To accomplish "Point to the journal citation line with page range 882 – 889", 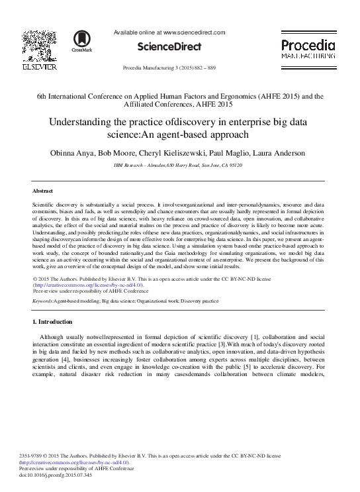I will pyautogui.click(x=169, y=69).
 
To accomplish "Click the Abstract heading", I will pyautogui.click(x=43, y=191).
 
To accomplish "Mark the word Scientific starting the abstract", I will pyautogui.click(x=45, y=207).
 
